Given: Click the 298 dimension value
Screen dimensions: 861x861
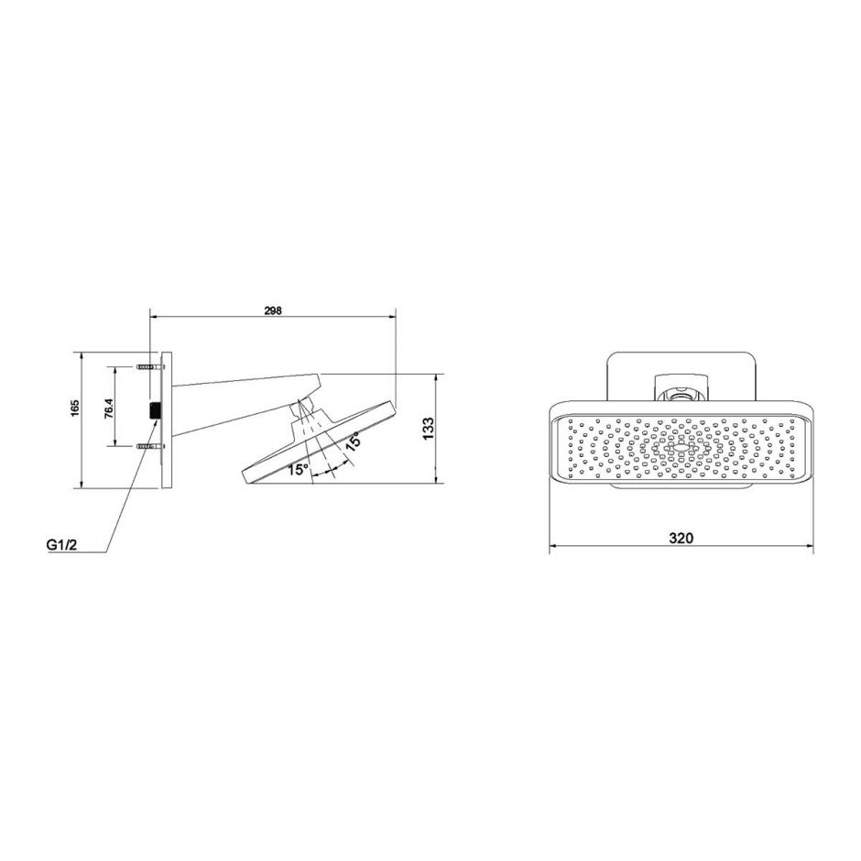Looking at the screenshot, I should [272, 311].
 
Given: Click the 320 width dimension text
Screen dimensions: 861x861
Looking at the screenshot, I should [680, 539].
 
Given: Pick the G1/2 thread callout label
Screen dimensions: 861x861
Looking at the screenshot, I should [60, 546].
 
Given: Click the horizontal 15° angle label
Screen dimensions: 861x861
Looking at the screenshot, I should [297, 470].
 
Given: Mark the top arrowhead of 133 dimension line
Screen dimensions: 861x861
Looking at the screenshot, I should [436, 377].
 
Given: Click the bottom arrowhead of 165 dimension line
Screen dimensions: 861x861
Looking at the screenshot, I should [84, 485].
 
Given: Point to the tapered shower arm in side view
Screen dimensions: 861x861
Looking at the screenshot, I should [238, 403].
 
